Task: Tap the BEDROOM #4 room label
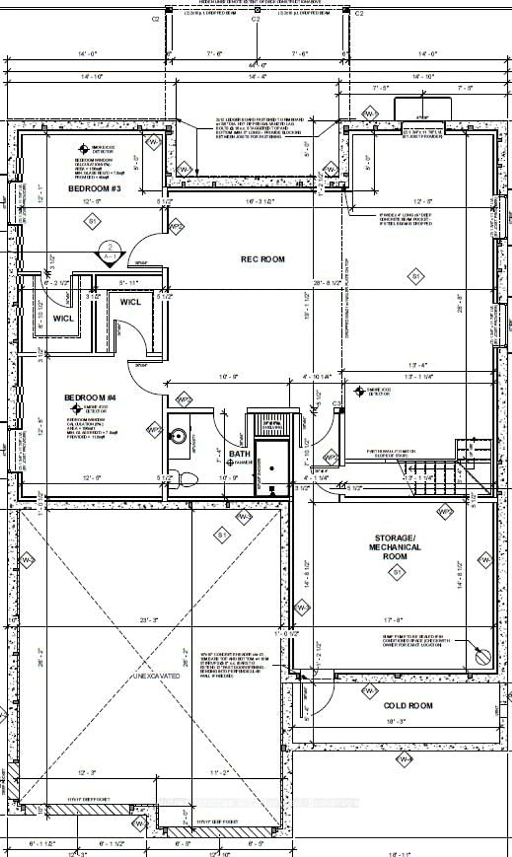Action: click(x=90, y=398)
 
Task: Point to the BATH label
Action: click(x=239, y=454)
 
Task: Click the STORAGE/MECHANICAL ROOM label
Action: click(x=395, y=547)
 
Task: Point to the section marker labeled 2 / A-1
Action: click(x=110, y=253)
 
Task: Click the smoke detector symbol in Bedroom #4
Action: click(x=76, y=409)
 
